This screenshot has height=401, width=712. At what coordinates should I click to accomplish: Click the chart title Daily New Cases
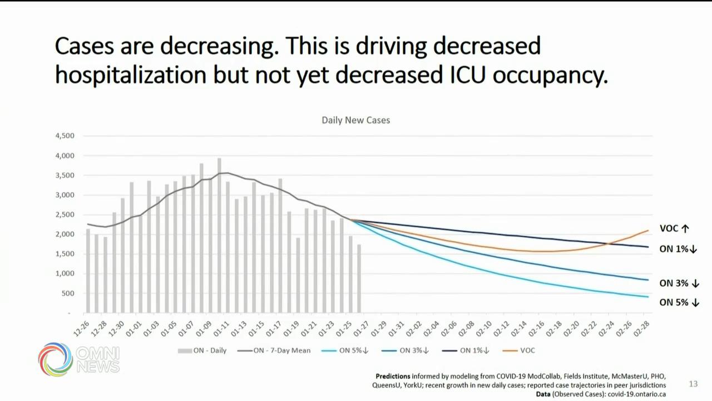[356, 120]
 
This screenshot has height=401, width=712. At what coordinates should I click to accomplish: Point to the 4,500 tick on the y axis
[65, 136]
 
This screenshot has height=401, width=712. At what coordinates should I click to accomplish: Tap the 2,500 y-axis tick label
[65, 214]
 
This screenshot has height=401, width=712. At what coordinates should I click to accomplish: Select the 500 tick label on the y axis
[68, 294]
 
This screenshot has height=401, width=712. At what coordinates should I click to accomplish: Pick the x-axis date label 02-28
[644, 328]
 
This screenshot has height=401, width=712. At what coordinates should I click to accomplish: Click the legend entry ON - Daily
[202, 350]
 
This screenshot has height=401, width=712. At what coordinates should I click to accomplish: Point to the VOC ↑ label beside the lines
[674, 228]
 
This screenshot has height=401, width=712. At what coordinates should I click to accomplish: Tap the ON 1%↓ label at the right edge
[678, 249]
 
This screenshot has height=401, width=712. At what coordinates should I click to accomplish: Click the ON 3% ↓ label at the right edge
[679, 283]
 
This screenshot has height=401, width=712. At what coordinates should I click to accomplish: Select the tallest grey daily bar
[219, 234]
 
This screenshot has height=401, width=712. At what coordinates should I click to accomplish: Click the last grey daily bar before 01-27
[359, 278]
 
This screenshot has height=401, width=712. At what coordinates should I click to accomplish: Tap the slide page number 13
[693, 384]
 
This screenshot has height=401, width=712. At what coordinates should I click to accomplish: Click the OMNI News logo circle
[56, 359]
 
